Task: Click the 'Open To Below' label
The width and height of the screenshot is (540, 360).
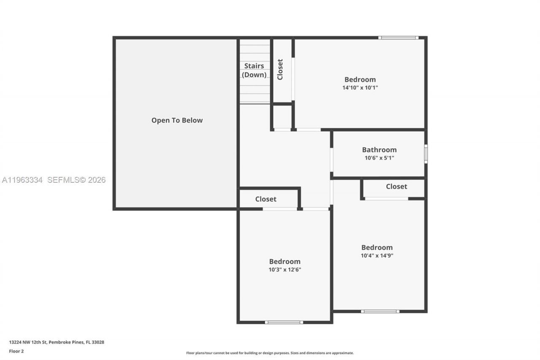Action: point(177,120)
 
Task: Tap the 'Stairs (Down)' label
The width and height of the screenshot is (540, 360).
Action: point(254,70)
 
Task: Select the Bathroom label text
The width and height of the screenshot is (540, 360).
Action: point(379,149)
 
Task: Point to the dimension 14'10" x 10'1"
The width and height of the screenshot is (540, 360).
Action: point(360,88)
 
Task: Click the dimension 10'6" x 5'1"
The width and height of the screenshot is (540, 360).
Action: point(379,158)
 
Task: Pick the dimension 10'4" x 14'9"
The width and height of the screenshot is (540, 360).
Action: point(377,255)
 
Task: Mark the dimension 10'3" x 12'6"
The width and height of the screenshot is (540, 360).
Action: point(285,269)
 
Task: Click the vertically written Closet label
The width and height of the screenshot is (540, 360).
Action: point(280,69)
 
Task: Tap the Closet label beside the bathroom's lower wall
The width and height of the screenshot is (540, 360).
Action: point(396,186)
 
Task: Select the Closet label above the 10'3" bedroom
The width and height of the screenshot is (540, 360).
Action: point(266,199)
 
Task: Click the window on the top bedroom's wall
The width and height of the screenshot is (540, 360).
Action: point(398,38)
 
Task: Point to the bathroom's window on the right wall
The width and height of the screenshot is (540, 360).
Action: point(426,154)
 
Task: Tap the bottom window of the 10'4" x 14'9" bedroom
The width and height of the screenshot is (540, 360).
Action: point(380,311)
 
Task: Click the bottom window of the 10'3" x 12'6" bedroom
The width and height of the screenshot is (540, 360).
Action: point(284,322)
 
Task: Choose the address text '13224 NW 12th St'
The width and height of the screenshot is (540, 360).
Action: point(28,342)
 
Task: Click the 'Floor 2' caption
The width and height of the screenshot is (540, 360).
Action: point(16,351)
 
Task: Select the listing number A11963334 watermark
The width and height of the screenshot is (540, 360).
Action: point(22,180)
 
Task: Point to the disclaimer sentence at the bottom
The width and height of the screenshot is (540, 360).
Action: point(270,353)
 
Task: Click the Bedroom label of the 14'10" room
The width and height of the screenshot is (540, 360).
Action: point(360,79)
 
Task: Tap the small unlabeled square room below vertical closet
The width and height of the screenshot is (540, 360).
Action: point(282,117)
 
